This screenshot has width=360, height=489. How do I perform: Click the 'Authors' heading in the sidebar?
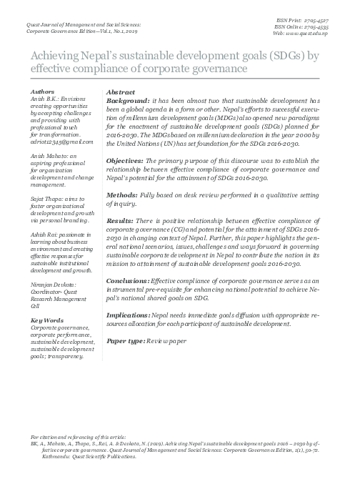[44, 93]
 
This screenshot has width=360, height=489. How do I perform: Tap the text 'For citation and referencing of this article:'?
[79, 435]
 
